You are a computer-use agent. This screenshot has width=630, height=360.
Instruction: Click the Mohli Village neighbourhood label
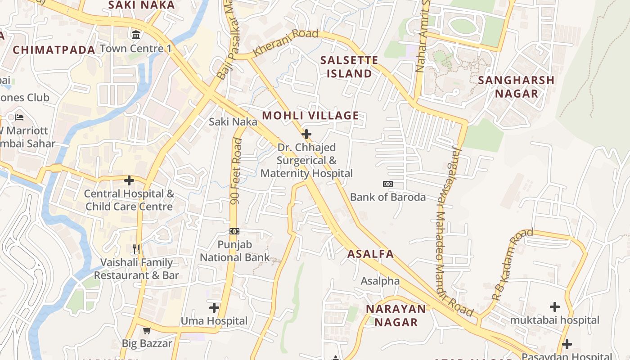310,116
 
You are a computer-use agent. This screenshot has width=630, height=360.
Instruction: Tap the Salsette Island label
349,67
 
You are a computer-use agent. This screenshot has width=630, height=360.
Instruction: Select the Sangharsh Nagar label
516,87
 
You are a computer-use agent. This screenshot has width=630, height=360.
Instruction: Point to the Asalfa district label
370,254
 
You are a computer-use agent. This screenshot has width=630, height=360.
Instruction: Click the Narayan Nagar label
396,315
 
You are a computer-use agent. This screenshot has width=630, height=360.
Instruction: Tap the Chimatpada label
54,50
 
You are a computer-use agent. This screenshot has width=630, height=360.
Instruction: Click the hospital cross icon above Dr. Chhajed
306,134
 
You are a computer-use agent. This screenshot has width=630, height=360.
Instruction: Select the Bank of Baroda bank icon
387,184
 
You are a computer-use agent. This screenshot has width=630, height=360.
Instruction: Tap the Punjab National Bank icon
234,231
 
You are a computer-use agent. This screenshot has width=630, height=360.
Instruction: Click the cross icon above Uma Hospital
214,308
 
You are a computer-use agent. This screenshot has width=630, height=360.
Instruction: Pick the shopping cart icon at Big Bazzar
147,331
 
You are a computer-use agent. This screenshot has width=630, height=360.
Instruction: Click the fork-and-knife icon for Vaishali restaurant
136,249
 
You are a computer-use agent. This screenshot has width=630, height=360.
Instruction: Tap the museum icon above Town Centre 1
135,35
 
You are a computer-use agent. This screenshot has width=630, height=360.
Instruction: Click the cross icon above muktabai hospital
555,307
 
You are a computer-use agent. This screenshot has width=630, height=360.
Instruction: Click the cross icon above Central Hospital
129,180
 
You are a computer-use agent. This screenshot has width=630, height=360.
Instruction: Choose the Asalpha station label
380,281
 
